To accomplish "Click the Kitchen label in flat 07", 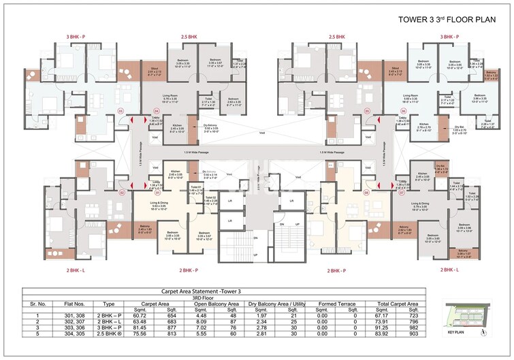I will (x=422, y=174).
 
